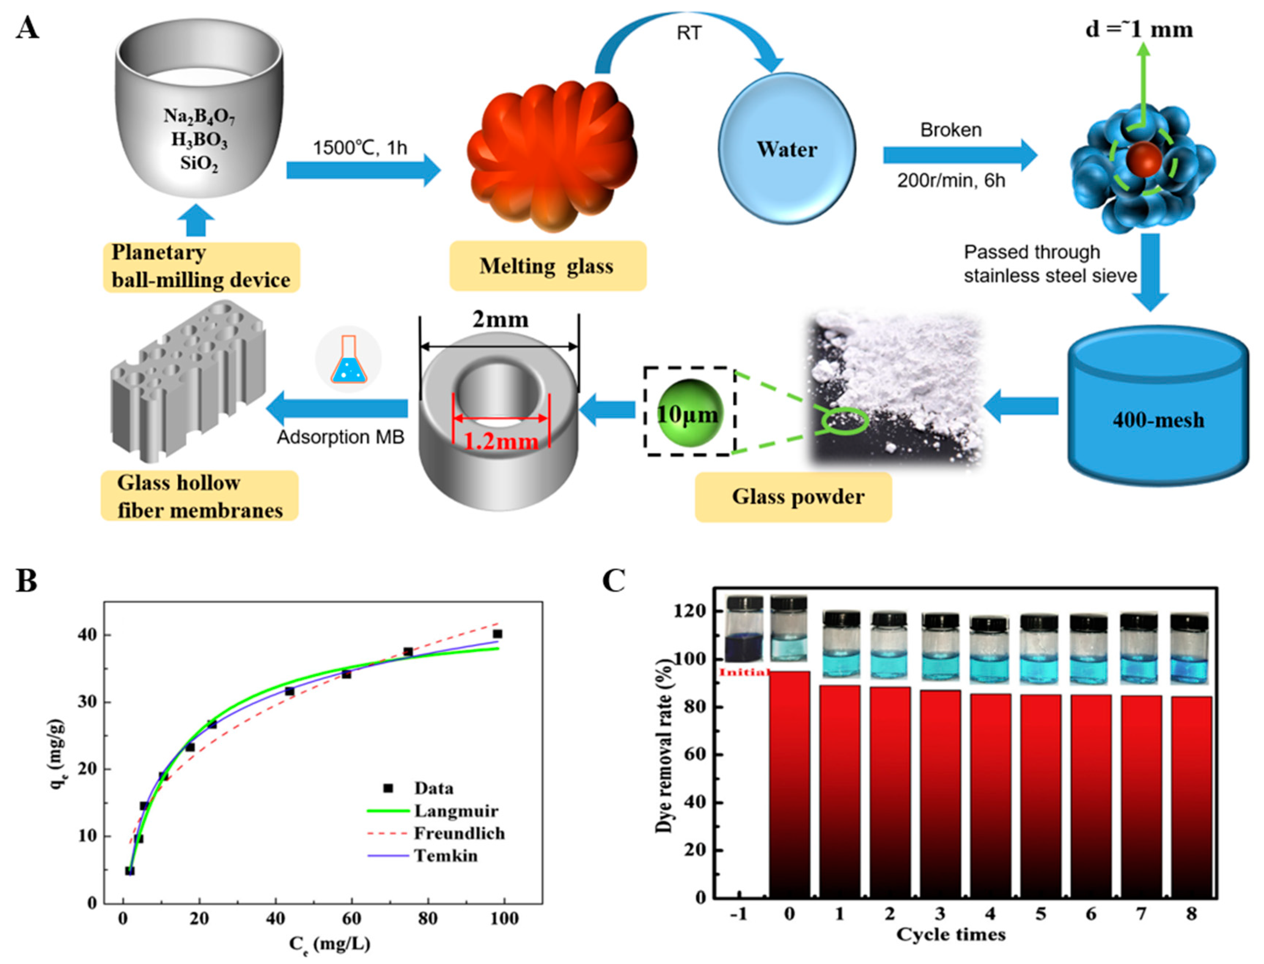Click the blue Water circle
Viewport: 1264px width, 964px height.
[x=787, y=148]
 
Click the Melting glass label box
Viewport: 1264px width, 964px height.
[x=547, y=266]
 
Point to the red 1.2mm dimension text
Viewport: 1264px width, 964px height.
[x=501, y=441]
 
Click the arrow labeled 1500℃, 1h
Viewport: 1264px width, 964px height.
[x=363, y=170]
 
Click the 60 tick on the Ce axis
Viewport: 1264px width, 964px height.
[x=351, y=919]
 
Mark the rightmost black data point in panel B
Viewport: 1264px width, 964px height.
[x=497, y=633]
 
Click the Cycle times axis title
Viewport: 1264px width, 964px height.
[x=951, y=935]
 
